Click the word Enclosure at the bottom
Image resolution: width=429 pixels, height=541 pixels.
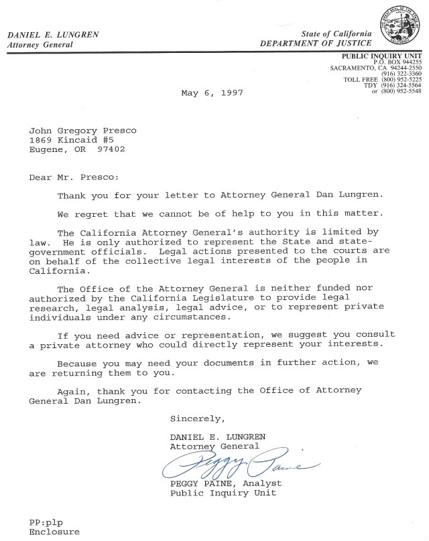[x=54, y=532]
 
